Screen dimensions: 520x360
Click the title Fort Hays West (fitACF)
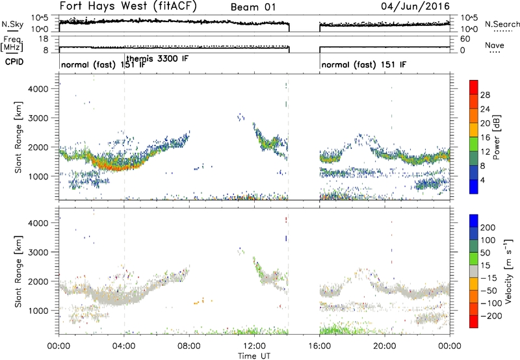pyautogui.click(x=128, y=6)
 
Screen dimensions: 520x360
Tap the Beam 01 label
pyautogui.click(x=253, y=7)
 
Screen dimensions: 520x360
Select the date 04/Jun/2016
pyautogui.click(x=415, y=6)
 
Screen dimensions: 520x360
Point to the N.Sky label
pyautogui.click(x=12, y=24)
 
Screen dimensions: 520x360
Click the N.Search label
pyautogui.click(x=502, y=24)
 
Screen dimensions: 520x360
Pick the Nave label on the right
pyautogui.click(x=495, y=45)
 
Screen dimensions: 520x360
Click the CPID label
pyautogui.click(x=14, y=62)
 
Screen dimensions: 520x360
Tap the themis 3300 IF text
pyautogui.click(x=157, y=58)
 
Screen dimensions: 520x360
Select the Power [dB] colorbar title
pyautogui.click(x=497, y=137)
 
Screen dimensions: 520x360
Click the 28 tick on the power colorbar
pyautogui.click(x=485, y=95)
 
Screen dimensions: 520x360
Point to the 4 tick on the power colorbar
pyautogui.click(x=482, y=180)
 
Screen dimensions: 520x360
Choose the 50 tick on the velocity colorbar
pyautogui.click(x=485, y=253)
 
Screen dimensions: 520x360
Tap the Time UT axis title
pyautogui.click(x=254, y=356)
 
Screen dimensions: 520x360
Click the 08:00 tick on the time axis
pyautogui.click(x=189, y=346)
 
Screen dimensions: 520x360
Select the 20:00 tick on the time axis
pyautogui.click(x=385, y=346)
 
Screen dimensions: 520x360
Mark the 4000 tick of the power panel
pyautogui.click(x=38, y=89)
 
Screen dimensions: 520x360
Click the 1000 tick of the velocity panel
pyautogui.click(x=38, y=311)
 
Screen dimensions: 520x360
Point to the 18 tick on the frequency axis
pyautogui.click(x=44, y=39)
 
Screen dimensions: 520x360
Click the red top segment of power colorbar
pyautogui.click(x=474, y=85)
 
